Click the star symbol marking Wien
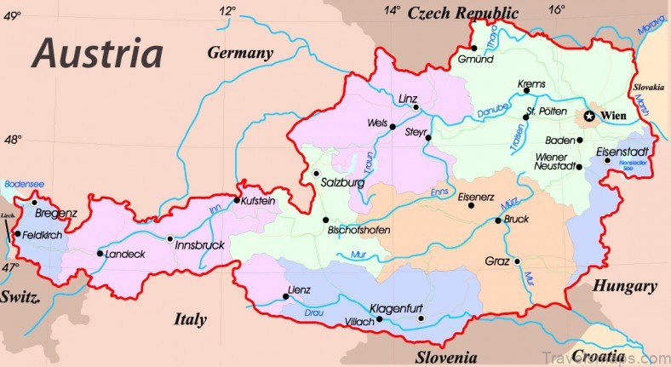(588, 114)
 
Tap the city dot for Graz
(516, 261)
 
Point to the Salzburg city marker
(315, 174)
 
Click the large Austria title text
(97, 54)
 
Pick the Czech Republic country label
(463, 13)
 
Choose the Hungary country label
(626, 286)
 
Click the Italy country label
(190, 319)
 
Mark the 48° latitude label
(12, 140)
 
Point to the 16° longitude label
(556, 10)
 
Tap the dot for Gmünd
(473, 48)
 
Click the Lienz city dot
(285, 296)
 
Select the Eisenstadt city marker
(607, 160)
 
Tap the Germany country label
(241, 53)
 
